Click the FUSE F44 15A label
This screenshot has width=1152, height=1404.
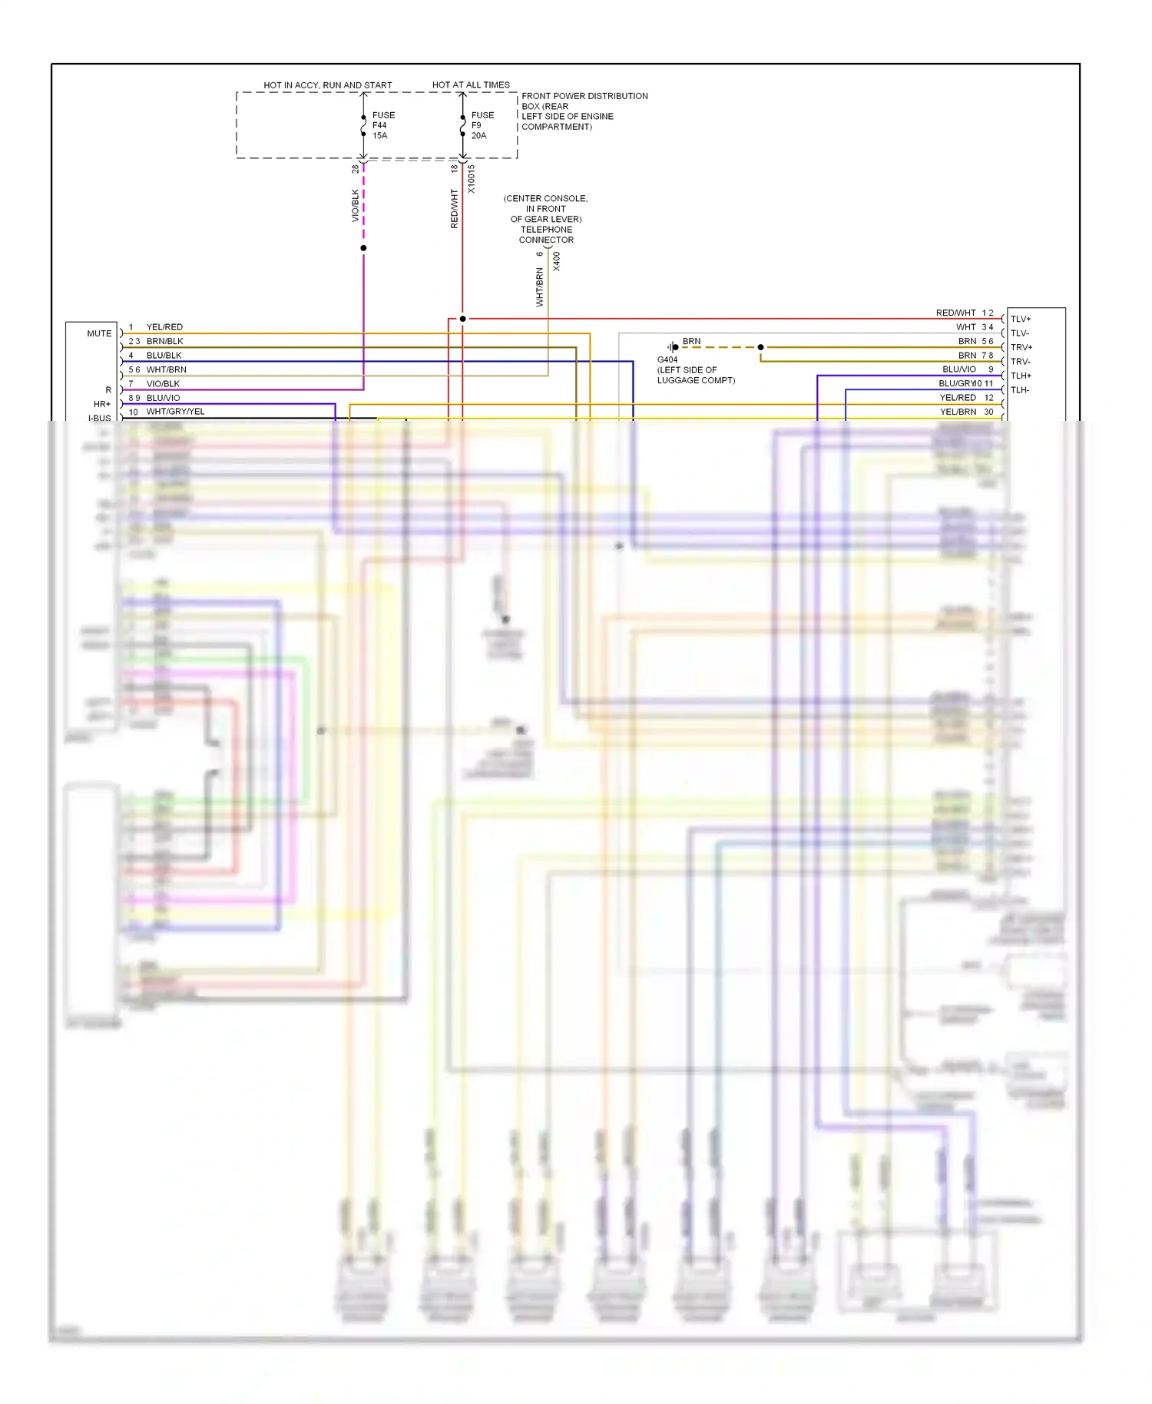tap(382, 125)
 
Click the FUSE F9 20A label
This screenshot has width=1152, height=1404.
tap(482, 125)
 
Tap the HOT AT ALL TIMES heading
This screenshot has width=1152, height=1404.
tap(471, 84)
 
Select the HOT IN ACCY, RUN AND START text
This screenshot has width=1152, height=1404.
tap(327, 84)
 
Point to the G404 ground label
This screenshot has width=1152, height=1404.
tap(667, 359)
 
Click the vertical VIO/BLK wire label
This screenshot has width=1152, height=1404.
tap(356, 206)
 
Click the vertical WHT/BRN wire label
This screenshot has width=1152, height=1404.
tap(539, 287)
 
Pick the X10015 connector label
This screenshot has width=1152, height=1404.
tap(471, 179)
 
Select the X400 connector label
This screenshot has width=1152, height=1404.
tap(557, 261)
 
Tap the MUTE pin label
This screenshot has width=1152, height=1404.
tap(99, 333)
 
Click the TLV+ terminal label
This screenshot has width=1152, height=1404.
tap(1021, 319)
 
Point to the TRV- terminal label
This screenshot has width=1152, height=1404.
tap(1021, 362)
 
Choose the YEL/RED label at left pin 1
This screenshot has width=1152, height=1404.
tap(164, 327)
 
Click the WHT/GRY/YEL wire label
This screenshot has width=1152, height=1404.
tap(175, 412)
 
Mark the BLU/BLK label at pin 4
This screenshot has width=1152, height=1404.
tap(164, 356)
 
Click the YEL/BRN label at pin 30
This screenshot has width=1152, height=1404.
tap(958, 412)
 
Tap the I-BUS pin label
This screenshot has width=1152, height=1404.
tap(100, 418)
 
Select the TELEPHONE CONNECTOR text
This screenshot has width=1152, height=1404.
tap(546, 234)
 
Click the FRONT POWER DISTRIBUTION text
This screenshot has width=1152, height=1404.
tap(584, 96)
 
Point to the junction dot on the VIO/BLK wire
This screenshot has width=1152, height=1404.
tap(363, 248)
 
